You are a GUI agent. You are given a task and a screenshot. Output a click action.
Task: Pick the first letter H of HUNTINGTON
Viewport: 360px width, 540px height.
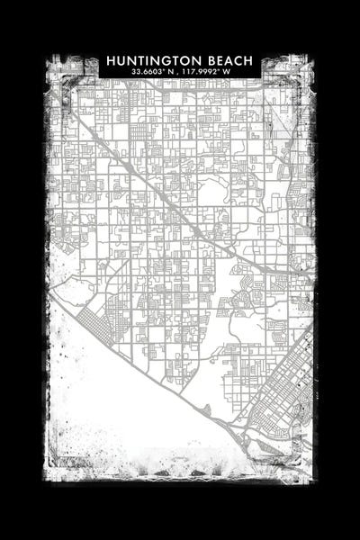pos(111,59)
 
